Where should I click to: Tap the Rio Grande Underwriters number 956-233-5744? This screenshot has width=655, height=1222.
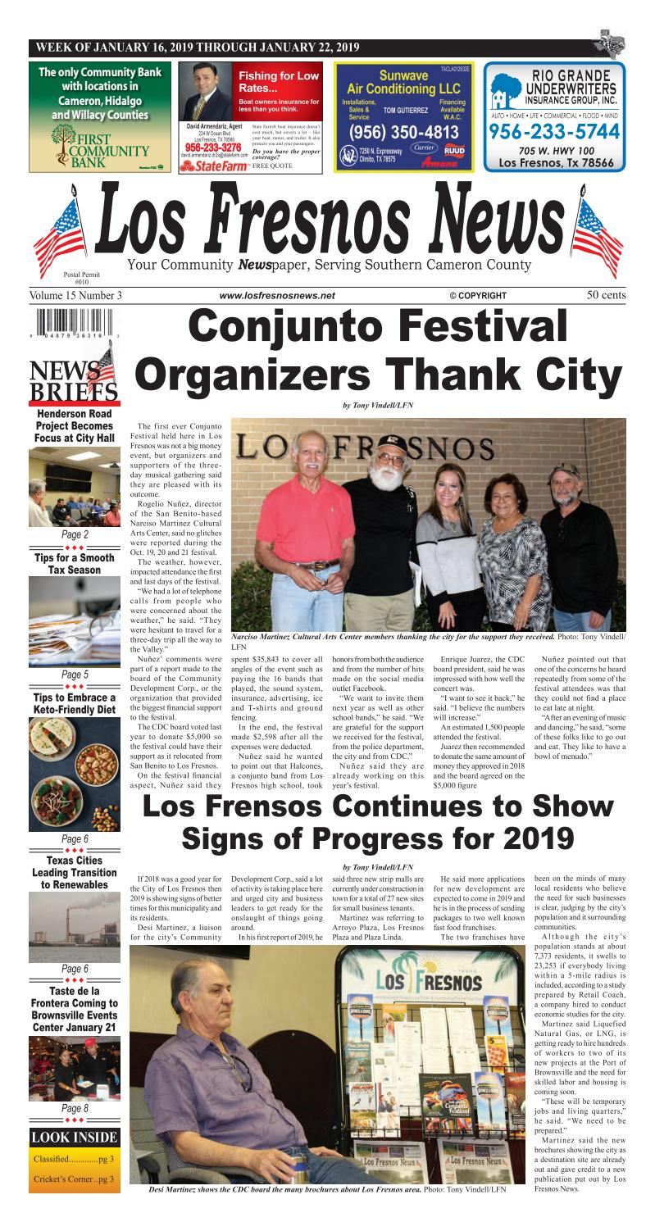pos(555,130)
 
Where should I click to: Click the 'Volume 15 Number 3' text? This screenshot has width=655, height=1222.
pos(75,295)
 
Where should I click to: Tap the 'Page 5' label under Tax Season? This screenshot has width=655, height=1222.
pos(75,675)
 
